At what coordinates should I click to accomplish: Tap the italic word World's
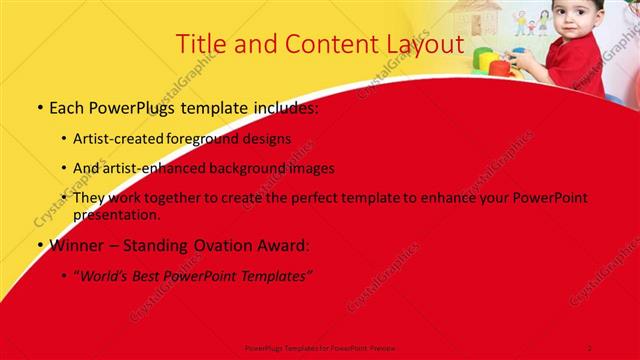105,275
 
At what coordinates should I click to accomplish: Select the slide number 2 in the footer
590,346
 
